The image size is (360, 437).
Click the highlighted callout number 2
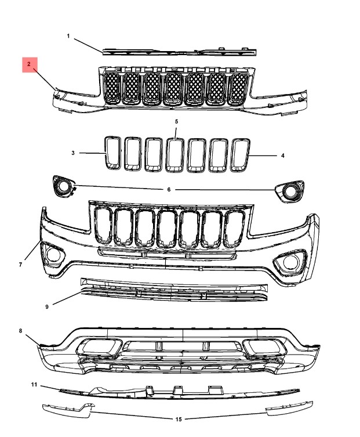(x=28, y=64)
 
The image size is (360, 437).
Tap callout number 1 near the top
(x=68, y=36)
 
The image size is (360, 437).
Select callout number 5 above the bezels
(x=176, y=121)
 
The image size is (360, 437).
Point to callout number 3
(x=73, y=153)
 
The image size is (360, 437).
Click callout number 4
(x=282, y=156)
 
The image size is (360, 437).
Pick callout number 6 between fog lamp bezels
(x=169, y=190)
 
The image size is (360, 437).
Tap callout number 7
(x=20, y=265)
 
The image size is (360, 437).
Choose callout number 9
(x=47, y=307)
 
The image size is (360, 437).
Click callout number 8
(x=20, y=331)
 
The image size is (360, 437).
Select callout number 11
(x=34, y=385)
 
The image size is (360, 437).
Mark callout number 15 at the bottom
(x=179, y=419)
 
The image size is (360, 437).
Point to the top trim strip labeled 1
(x=180, y=52)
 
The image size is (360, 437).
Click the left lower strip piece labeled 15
(x=68, y=410)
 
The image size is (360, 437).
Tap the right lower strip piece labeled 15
(x=289, y=408)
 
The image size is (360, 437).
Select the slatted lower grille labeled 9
(x=174, y=290)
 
